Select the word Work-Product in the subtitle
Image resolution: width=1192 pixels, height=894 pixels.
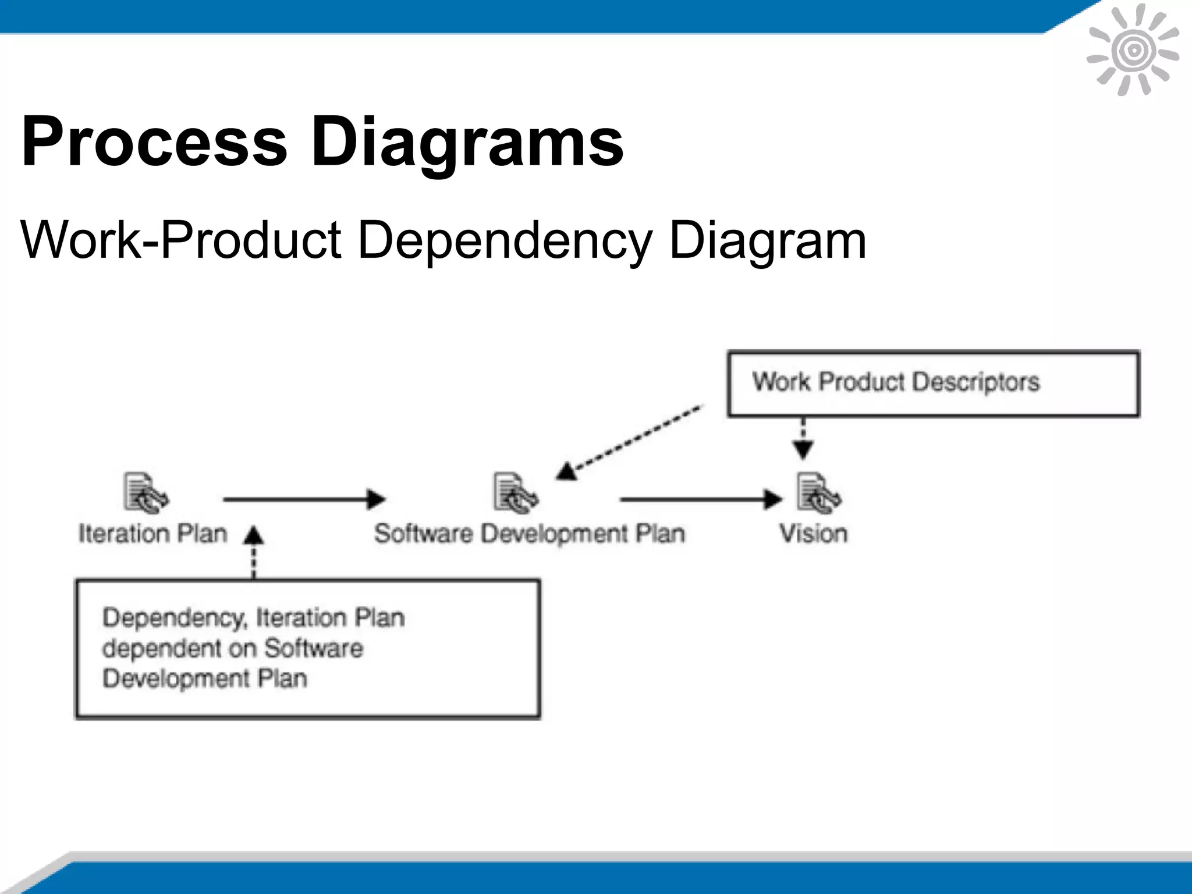click(x=180, y=240)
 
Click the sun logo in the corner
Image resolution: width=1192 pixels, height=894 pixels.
click(x=1133, y=51)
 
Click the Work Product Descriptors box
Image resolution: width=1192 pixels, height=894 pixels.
click(x=933, y=384)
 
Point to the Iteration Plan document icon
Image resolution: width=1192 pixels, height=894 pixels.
click(x=146, y=494)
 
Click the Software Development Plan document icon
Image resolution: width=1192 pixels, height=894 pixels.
click(x=516, y=494)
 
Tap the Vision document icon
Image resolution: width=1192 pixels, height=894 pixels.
click(x=818, y=494)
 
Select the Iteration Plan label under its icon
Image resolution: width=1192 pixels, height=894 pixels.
click(x=152, y=534)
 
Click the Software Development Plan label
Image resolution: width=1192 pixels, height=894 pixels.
click(x=529, y=534)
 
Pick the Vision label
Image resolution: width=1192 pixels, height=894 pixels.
click(x=813, y=534)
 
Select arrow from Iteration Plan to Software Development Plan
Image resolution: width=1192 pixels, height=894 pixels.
click(x=304, y=499)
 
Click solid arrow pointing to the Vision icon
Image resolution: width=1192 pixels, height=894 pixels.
click(x=701, y=499)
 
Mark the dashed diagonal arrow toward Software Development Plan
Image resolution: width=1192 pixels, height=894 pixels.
click(x=632, y=441)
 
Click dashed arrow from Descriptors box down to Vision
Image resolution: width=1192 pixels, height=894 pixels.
click(x=803, y=439)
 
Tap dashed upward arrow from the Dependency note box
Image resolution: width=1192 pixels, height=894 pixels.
click(x=253, y=553)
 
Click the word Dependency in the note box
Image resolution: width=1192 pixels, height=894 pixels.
click(x=174, y=618)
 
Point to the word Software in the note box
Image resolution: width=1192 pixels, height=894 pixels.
click(x=314, y=648)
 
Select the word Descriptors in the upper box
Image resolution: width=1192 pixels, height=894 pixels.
click(x=975, y=382)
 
